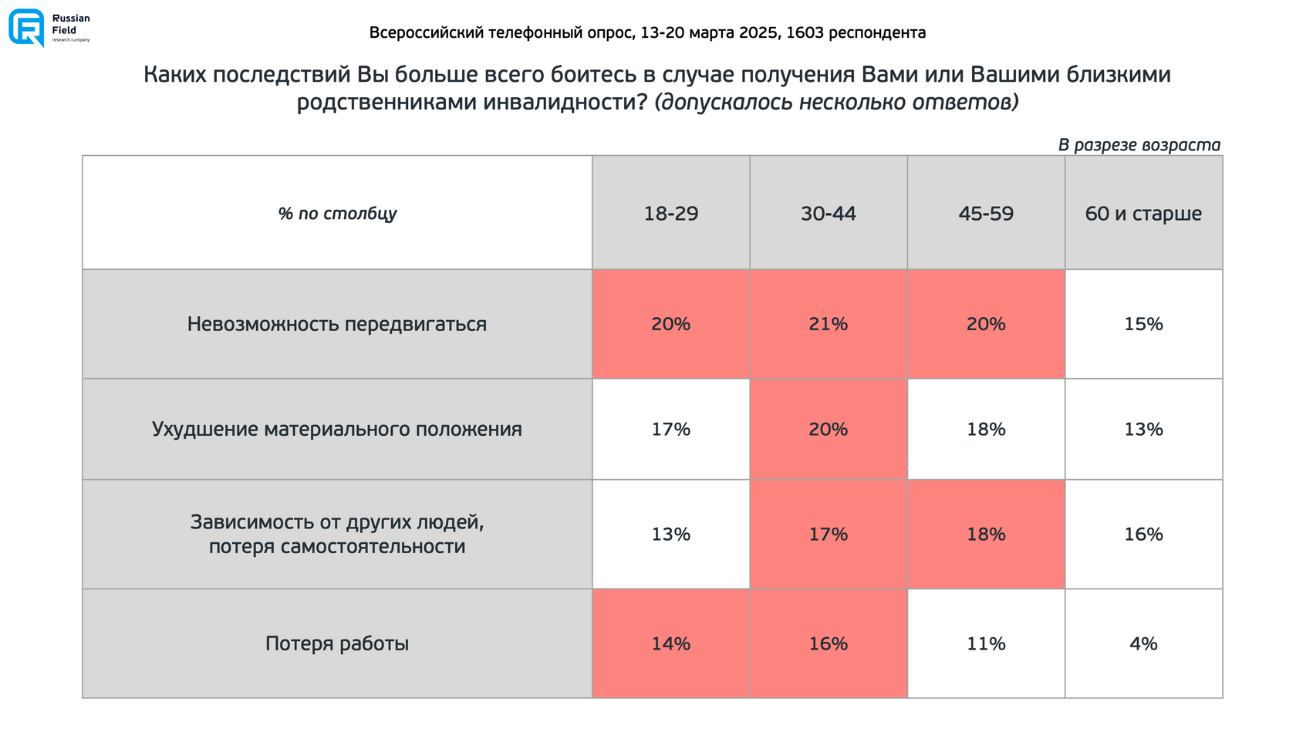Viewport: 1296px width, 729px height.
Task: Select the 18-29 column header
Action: coord(671,214)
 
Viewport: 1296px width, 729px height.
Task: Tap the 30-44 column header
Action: coord(829,214)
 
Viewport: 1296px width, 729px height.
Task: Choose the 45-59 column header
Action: coord(986,214)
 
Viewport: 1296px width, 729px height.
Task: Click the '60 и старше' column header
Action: coord(1143,214)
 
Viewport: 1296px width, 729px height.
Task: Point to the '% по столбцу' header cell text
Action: coord(337,214)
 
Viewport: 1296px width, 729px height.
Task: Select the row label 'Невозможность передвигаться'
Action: coord(337,324)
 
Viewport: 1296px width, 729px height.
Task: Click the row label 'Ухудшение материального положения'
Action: coord(337,429)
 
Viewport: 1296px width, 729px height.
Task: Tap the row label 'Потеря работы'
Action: coord(337,643)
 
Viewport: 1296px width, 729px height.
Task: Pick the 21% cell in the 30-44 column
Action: coord(829,324)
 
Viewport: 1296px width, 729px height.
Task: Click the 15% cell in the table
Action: coord(1143,324)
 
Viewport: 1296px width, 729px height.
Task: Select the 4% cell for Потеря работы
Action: coord(1143,643)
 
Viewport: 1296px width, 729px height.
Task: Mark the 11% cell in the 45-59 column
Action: coord(986,643)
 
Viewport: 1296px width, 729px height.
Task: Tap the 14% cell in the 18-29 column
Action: coord(671,643)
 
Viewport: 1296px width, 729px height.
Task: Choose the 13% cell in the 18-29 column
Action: coord(671,534)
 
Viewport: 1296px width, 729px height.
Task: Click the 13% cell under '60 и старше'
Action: coord(1143,429)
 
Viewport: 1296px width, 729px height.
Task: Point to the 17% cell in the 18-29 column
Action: coord(671,429)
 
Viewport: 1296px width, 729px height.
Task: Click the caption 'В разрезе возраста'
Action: coord(1139,145)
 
